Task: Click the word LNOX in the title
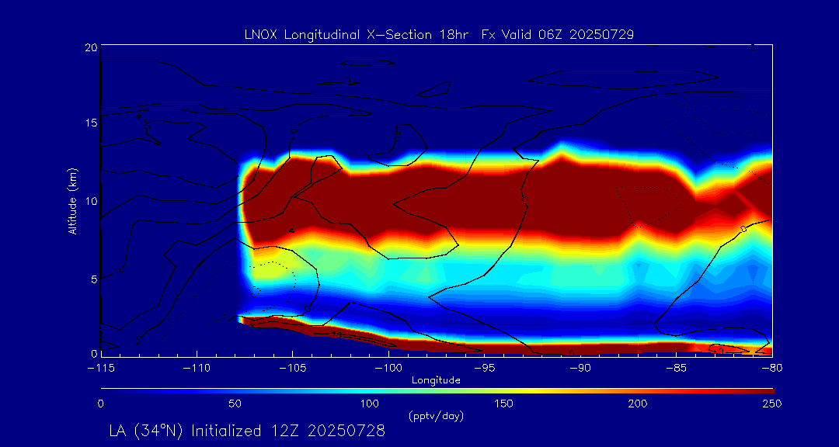click(258, 35)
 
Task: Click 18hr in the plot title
click(451, 35)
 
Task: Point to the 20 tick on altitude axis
click(91, 47)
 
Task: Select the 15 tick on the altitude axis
click(91, 123)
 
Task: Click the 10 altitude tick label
click(91, 200)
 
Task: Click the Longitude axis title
click(436, 379)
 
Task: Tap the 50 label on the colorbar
click(235, 404)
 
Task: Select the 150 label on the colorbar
click(503, 404)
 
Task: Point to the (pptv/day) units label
click(436, 416)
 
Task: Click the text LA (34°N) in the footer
click(144, 431)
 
